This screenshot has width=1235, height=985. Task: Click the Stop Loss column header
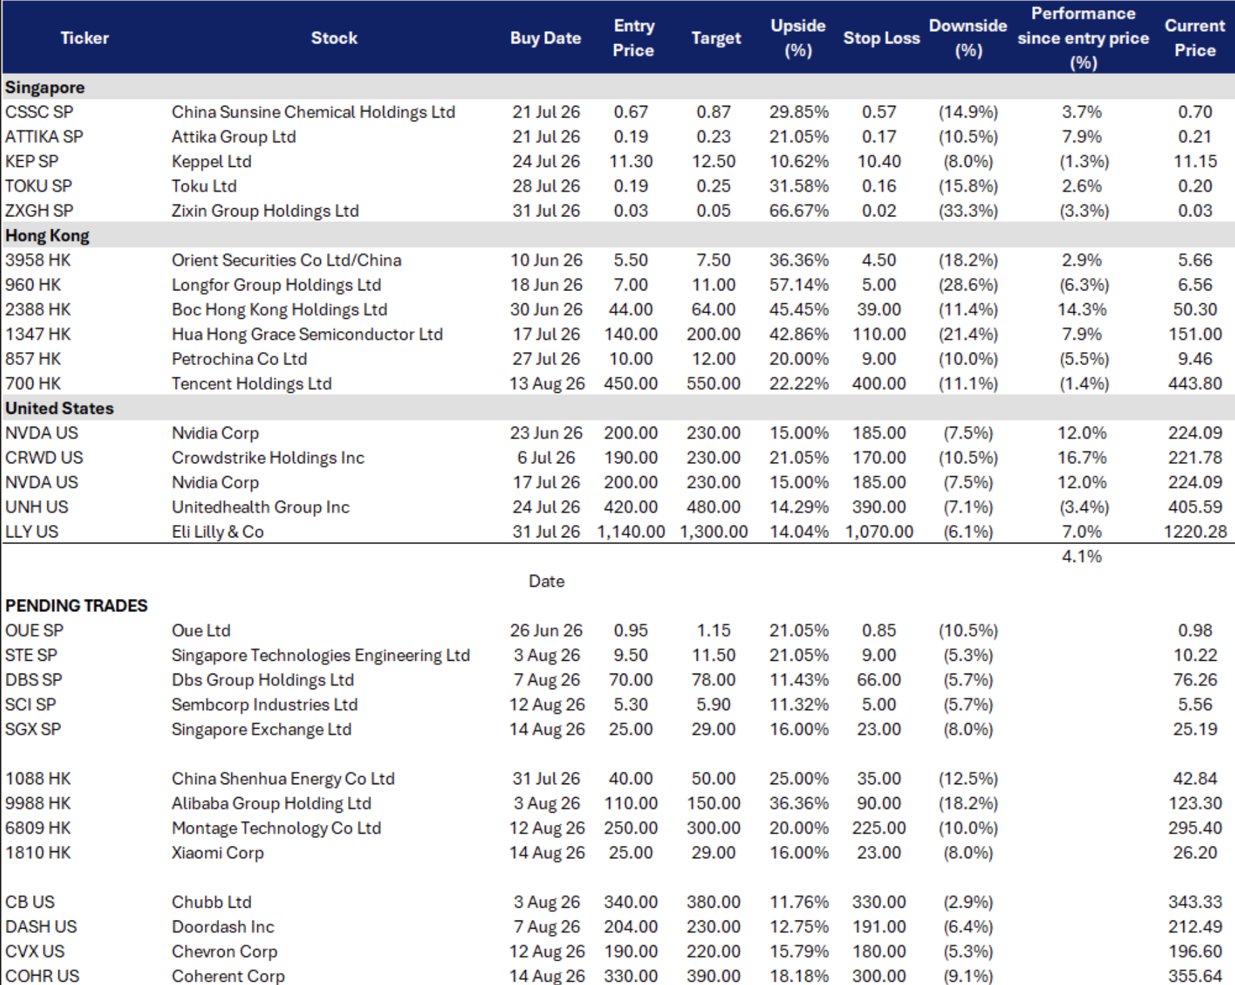coord(881,38)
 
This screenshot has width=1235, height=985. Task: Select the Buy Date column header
coord(546,38)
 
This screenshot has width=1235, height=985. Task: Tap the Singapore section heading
coord(45,88)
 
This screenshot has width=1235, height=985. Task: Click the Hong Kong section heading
coord(47,236)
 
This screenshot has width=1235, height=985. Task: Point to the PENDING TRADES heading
coord(76,606)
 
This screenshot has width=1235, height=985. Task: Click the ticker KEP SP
coord(32,161)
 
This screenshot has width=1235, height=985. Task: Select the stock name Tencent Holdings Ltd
coord(252,384)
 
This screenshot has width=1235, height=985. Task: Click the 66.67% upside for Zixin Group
coord(799,211)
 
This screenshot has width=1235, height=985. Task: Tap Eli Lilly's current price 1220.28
coord(1195,532)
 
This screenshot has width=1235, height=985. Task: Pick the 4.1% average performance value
coord(1082,557)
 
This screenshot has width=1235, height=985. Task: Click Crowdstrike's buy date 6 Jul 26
coord(546,458)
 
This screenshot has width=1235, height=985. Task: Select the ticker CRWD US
coord(44,458)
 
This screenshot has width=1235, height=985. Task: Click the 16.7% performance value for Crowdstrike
coord(1082,458)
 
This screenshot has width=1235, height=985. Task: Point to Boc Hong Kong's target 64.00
coord(713,310)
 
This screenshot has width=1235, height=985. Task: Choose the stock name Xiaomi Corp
coord(218,853)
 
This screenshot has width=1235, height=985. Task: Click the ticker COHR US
coord(42,976)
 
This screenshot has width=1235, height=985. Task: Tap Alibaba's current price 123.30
coord(1195,804)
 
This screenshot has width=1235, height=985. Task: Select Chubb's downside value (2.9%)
coord(968,902)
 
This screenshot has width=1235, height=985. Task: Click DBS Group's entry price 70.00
coord(631,680)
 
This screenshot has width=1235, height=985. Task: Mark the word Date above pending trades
coord(546,581)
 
